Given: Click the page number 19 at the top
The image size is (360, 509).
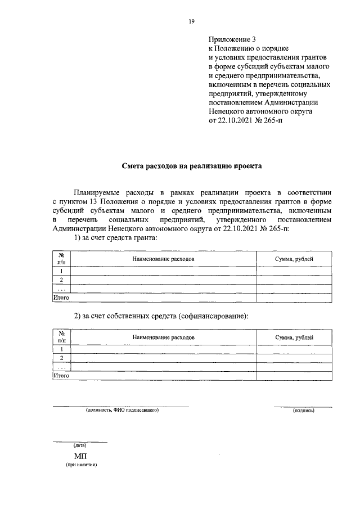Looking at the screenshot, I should [191, 21].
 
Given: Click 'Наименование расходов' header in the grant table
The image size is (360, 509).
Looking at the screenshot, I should [164, 259].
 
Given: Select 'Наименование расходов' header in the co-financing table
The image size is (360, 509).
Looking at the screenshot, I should [164, 337].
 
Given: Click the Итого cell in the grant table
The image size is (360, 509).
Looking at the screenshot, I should [61, 297].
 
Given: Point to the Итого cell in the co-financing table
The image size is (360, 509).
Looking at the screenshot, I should [61, 375].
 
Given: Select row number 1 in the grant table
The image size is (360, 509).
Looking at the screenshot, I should [61, 271].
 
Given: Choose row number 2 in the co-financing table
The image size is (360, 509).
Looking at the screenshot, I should [61, 358].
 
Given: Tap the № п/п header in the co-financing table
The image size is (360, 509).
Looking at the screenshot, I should [61, 337].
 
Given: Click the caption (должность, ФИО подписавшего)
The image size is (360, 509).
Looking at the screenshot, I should [123, 411].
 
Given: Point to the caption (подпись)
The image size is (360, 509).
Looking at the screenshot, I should [303, 411].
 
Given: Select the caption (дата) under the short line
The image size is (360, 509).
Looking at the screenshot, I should [79, 445].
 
